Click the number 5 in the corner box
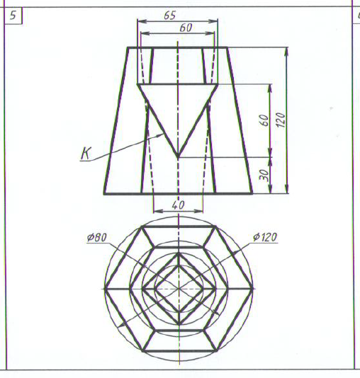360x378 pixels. click(x=13, y=15)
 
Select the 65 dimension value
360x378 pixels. click(x=170, y=16)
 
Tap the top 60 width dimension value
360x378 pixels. click(x=186, y=28)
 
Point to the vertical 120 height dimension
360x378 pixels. click(x=281, y=120)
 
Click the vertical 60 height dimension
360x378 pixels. click(x=264, y=120)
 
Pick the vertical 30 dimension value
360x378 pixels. click(x=264, y=175)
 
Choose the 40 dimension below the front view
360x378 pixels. click(x=179, y=205)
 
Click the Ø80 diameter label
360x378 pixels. click(x=97, y=237)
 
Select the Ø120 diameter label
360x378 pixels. click(x=265, y=237)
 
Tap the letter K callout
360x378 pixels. click(x=86, y=154)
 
